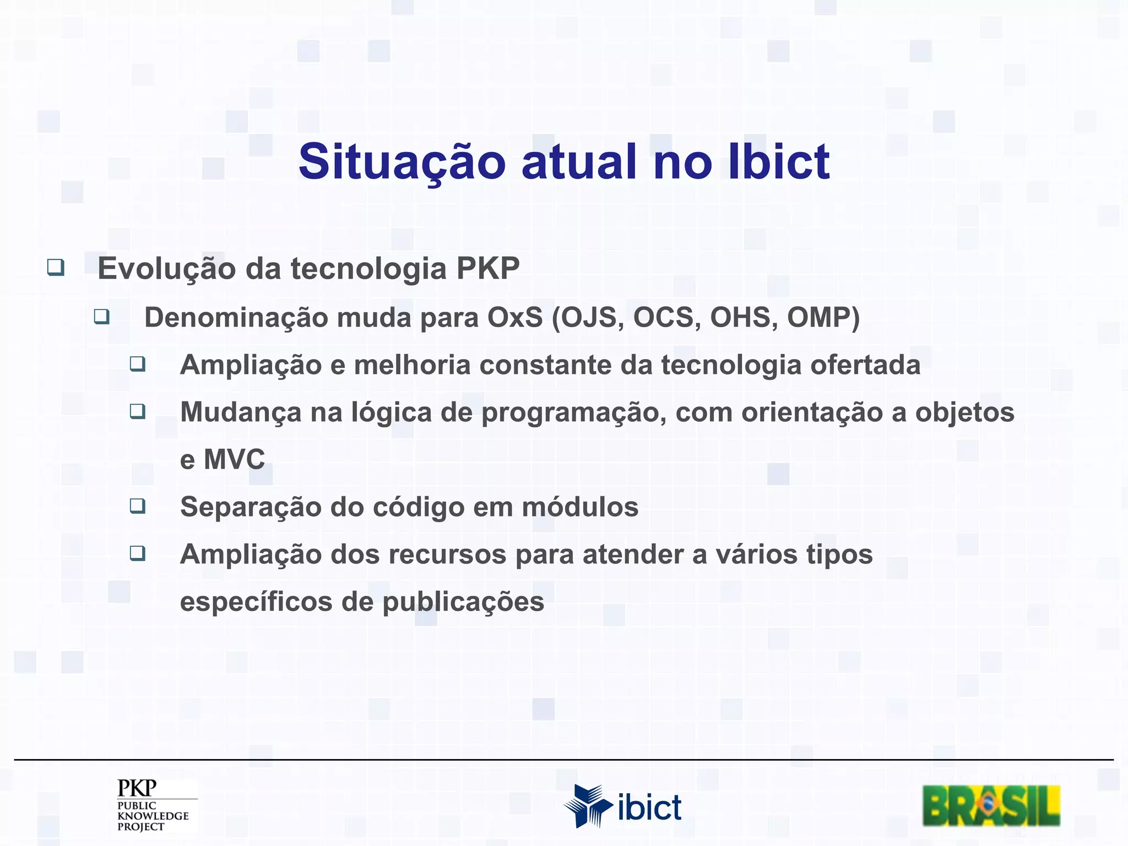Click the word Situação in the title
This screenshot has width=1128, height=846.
pyautogui.click(x=402, y=162)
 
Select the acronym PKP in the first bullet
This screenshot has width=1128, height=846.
pyautogui.click(x=487, y=269)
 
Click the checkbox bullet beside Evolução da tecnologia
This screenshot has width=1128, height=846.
pyautogui.click(x=56, y=268)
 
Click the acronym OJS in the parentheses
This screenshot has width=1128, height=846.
pyautogui.click(x=588, y=318)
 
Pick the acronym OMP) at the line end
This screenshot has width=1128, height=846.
pyautogui.click(x=823, y=318)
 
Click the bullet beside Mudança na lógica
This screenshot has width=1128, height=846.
pyautogui.click(x=138, y=411)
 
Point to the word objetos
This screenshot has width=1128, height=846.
pyautogui.click(x=964, y=413)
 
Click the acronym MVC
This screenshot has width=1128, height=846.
pyautogui.click(x=234, y=459)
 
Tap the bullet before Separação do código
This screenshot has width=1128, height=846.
pyautogui.click(x=138, y=506)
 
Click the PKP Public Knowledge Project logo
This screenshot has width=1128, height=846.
pyautogui.click(x=153, y=805)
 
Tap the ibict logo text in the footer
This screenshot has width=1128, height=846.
pyautogui.click(x=649, y=808)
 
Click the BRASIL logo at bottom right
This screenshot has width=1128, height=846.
pyautogui.click(x=991, y=806)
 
